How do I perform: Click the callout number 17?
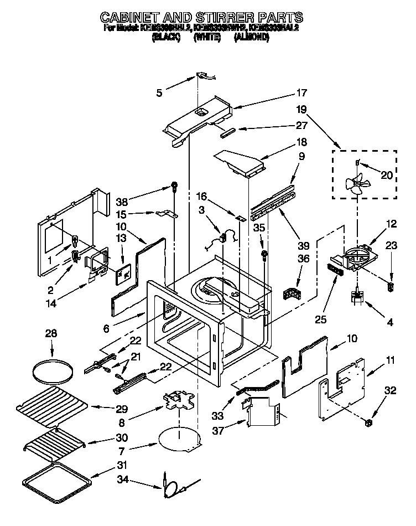point(301,93)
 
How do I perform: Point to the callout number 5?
point(159,93)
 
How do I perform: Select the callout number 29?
point(122,410)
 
